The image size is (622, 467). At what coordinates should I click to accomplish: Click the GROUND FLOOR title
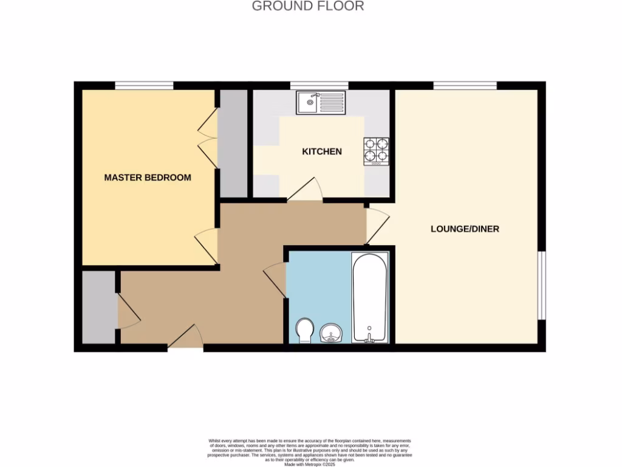click(x=308, y=7)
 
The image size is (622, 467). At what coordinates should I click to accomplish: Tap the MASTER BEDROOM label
click(x=148, y=178)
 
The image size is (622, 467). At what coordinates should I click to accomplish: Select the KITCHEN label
click(x=322, y=151)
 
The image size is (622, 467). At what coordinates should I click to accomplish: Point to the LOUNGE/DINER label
click(x=465, y=229)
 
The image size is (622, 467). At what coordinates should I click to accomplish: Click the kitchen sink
click(x=321, y=102)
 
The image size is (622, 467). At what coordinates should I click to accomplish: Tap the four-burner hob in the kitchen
click(x=376, y=151)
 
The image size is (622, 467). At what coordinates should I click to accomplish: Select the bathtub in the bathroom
click(x=369, y=298)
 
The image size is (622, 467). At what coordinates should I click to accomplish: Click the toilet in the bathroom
click(x=305, y=331)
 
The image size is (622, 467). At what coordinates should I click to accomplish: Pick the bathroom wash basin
click(x=332, y=334)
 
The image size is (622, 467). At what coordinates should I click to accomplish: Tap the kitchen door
click(x=305, y=190)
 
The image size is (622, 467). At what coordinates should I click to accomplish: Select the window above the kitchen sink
click(x=319, y=85)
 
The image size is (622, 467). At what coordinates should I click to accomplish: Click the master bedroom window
click(x=144, y=85)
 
